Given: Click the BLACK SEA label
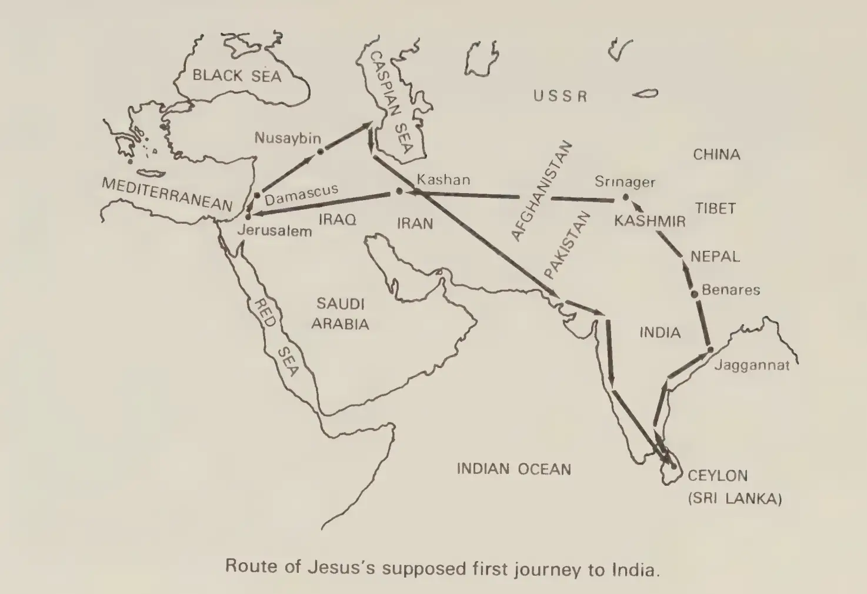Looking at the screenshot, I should tap(236, 75).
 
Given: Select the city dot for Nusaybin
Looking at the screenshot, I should tap(320, 152).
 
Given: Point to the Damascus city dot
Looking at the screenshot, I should tap(257, 195).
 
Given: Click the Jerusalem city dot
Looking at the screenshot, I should tap(248, 217).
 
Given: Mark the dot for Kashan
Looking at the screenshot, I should tap(399, 191).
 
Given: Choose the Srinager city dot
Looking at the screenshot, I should tap(625, 198).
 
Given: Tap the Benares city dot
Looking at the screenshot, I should tap(695, 293).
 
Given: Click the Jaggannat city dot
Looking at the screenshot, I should tap(710, 350).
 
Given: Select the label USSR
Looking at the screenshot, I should tap(560, 96).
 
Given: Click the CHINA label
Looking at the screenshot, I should tap(716, 155).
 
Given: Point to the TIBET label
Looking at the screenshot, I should tap(715, 208).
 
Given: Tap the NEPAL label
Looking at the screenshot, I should tap(715, 257).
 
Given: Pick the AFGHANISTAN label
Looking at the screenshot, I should tap(541, 191).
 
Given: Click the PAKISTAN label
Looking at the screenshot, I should tap(566, 245).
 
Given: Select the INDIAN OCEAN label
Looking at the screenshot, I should tap(513, 469).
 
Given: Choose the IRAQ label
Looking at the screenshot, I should tap(337, 220).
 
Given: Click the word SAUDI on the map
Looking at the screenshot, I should tap(340, 304).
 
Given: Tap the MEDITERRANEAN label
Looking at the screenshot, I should tap(167, 194).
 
